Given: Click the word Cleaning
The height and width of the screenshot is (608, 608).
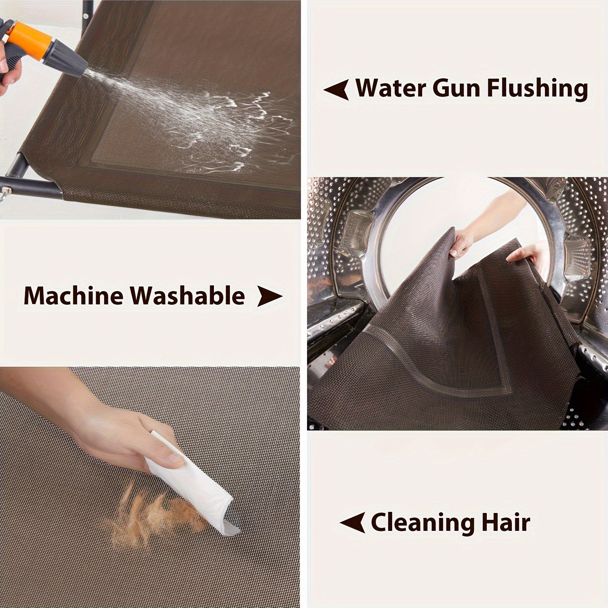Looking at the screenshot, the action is [x=423, y=523].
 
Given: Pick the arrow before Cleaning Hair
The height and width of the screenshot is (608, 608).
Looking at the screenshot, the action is [x=352, y=522].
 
